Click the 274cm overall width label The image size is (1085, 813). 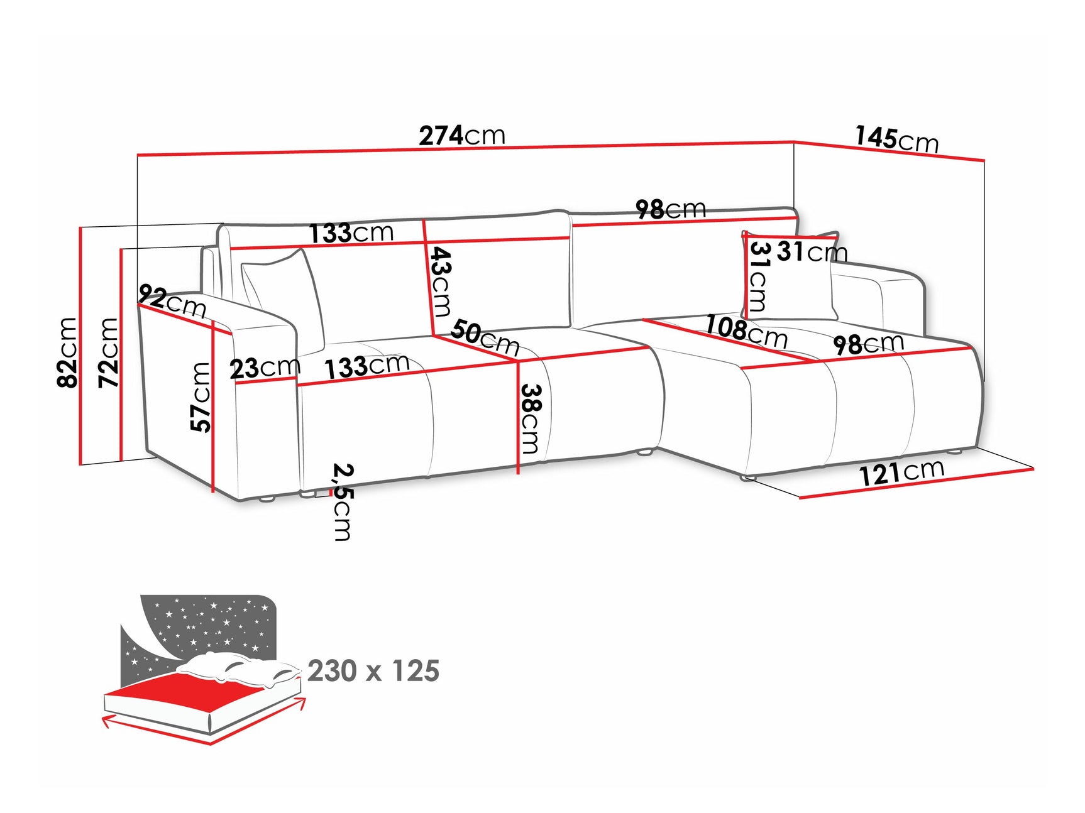[x=462, y=135]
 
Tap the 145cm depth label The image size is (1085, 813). [x=896, y=139]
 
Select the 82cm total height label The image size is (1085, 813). [x=67, y=352]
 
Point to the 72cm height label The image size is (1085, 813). [x=109, y=352]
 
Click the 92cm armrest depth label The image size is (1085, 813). [x=172, y=301]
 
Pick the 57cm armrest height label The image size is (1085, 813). [x=201, y=397]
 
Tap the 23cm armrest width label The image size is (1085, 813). [x=265, y=368]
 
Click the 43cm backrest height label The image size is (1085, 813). [x=441, y=281]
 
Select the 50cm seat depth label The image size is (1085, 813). [x=485, y=337]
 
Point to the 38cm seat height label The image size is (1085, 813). [x=531, y=418]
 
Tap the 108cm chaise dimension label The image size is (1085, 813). [x=746, y=331]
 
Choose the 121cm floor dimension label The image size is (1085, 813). [x=901, y=472]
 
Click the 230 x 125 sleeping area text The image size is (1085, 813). [x=373, y=671]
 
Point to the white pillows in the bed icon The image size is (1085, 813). [x=239, y=669]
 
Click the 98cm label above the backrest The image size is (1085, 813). [x=670, y=209]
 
